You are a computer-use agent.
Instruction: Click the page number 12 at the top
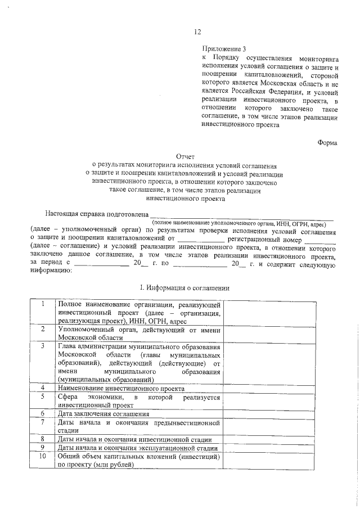(197, 31)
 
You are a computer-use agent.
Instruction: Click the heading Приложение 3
(223, 49)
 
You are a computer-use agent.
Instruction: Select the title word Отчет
(186, 157)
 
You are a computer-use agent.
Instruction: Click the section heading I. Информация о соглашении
(184, 287)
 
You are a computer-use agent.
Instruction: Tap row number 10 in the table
(43, 457)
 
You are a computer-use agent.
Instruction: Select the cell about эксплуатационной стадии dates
(138, 448)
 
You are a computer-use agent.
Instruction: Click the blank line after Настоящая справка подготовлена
(242, 215)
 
